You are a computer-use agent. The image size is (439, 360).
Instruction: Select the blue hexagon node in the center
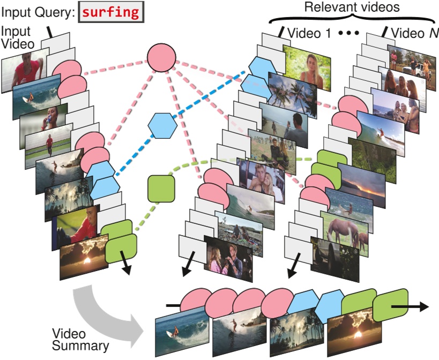coord(162,125)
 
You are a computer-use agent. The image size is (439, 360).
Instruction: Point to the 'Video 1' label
coord(309,33)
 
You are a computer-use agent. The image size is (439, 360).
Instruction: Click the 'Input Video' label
coord(17,38)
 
